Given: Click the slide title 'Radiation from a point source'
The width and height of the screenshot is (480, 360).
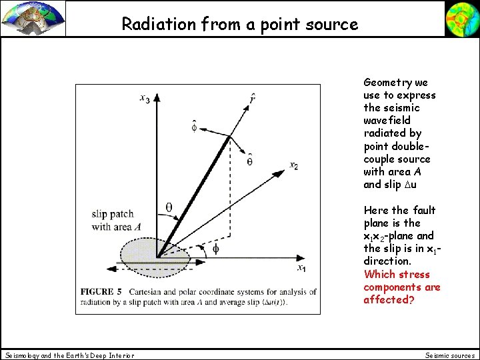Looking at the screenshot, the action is tap(239, 25).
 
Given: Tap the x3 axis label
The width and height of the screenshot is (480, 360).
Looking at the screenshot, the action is tap(145, 99).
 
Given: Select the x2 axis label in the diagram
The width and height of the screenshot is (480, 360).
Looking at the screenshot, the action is tap(293, 165).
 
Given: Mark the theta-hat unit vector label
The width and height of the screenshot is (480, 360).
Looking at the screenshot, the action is tap(249, 160).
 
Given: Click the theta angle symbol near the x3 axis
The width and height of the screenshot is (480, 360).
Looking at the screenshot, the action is tap(169, 207).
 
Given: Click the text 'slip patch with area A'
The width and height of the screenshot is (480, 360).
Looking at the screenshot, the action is tap(116, 221).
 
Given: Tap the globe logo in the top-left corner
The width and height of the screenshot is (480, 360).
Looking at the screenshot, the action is tap(33, 18).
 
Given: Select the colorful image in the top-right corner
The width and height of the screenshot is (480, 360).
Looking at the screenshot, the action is tap(461, 18).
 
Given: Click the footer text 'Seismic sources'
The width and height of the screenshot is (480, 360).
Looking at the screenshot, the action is tap(450, 355).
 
